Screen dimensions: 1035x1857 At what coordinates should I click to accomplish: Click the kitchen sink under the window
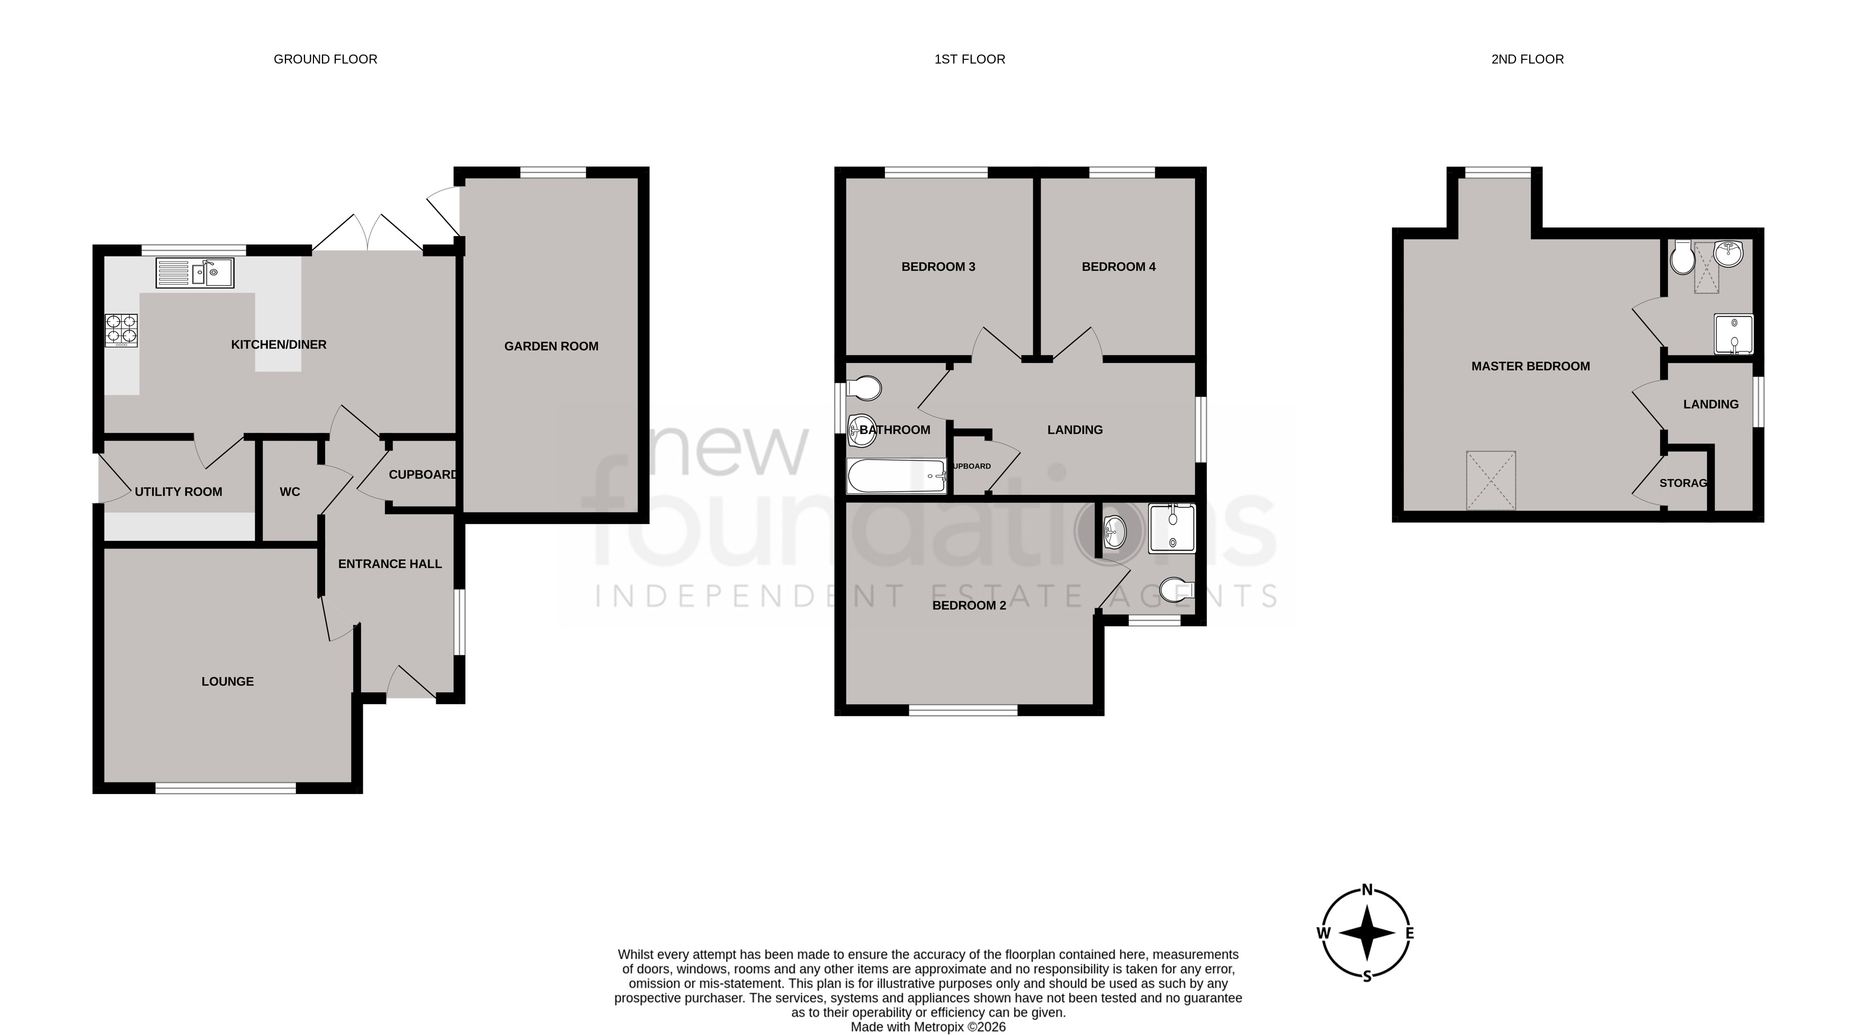[x=195, y=273]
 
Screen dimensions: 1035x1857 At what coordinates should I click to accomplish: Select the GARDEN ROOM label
[x=551, y=346]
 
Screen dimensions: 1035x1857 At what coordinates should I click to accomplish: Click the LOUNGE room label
[x=227, y=681]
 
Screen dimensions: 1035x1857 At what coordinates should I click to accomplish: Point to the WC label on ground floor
[x=290, y=491]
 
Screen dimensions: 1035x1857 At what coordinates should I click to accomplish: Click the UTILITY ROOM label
[x=178, y=491]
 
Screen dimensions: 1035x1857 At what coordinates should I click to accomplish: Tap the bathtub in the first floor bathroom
[x=896, y=476]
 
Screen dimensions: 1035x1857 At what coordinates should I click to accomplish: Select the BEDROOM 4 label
[x=1118, y=267]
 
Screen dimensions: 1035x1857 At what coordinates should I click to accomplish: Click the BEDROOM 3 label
[x=938, y=267]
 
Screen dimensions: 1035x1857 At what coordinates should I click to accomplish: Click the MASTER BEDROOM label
[x=1530, y=366]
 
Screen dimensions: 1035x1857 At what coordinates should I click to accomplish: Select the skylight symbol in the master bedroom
[x=1490, y=480]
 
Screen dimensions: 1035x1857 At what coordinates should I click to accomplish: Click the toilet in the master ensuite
[x=1683, y=257]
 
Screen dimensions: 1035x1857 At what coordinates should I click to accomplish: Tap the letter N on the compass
[x=1366, y=889]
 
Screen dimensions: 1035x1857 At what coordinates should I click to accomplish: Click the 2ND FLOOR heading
[x=1527, y=59]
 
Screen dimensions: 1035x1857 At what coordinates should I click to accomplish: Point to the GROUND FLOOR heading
[x=325, y=59]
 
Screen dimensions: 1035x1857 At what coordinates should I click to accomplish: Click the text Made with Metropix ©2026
[x=928, y=1027]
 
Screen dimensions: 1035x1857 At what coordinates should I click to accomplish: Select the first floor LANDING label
[x=1074, y=429]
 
